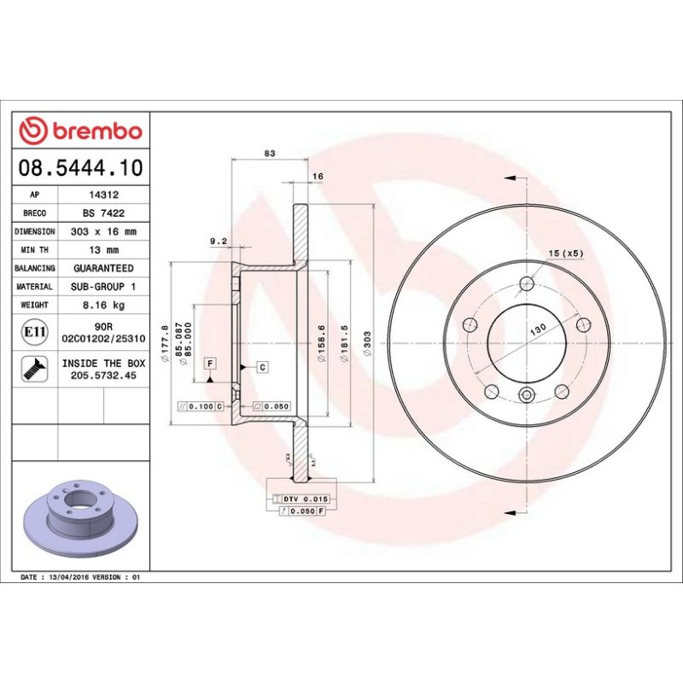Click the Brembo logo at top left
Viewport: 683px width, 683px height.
coord(80,131)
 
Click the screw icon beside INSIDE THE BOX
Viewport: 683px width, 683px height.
coord(35,369)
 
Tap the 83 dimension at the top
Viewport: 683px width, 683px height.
coord(270,154)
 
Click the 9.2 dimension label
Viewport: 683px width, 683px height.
coord(218,242)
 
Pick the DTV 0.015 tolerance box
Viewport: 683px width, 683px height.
coord(304,498)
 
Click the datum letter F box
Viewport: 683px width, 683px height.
coord(210,363)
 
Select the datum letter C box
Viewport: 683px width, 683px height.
coord(262,367)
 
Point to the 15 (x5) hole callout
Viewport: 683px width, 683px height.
coord(565,254)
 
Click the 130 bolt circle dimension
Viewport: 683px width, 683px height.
coord(538,329)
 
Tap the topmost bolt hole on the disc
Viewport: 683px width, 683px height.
coord(527,283)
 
